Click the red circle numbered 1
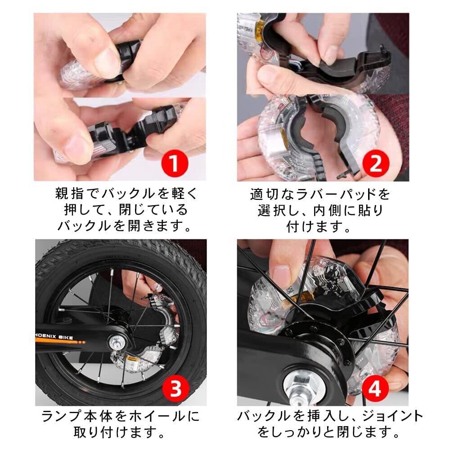coord(174,164)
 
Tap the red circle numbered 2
coord(376,164)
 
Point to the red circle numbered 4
coord(374,389)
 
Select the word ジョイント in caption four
coord(392,416)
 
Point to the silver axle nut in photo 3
coord(117,342)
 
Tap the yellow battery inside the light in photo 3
coord(134,359)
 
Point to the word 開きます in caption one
coord(159,226)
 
